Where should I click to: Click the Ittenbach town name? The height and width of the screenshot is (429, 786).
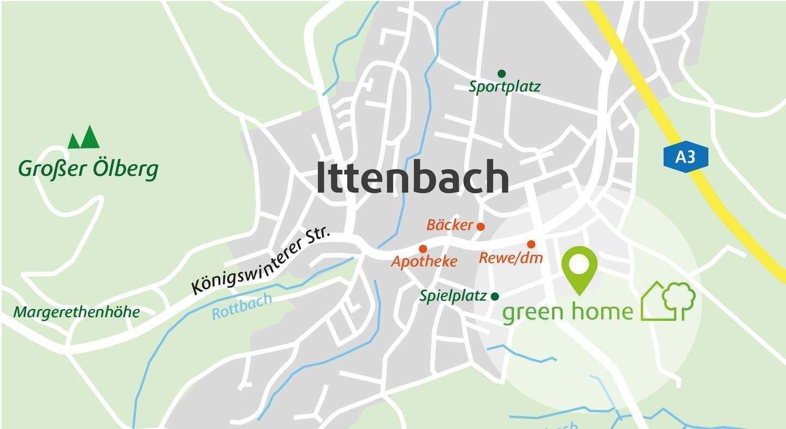413,178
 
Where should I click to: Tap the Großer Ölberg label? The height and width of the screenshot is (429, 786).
88,169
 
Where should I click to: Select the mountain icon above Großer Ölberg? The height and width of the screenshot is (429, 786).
84,138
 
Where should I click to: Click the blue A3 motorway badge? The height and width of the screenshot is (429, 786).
686,158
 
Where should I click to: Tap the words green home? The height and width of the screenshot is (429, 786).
567,312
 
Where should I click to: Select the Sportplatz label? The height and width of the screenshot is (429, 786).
504,87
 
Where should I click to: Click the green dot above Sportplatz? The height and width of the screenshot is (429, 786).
502,74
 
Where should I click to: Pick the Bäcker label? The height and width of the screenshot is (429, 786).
449,225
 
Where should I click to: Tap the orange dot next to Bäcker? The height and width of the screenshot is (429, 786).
481,227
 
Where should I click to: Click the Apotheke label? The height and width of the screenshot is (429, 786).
424,262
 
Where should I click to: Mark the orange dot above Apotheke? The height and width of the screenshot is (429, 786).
422,249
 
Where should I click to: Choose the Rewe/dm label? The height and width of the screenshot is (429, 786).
511,258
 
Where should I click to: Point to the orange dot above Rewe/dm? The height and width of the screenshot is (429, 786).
531,244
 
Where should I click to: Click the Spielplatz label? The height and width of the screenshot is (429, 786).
453,296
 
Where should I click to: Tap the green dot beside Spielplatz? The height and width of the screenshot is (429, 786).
495,296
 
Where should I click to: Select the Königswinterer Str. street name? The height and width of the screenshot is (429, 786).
261,262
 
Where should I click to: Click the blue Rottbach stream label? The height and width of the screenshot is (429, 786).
242,306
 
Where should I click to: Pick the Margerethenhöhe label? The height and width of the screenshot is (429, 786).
76,313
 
